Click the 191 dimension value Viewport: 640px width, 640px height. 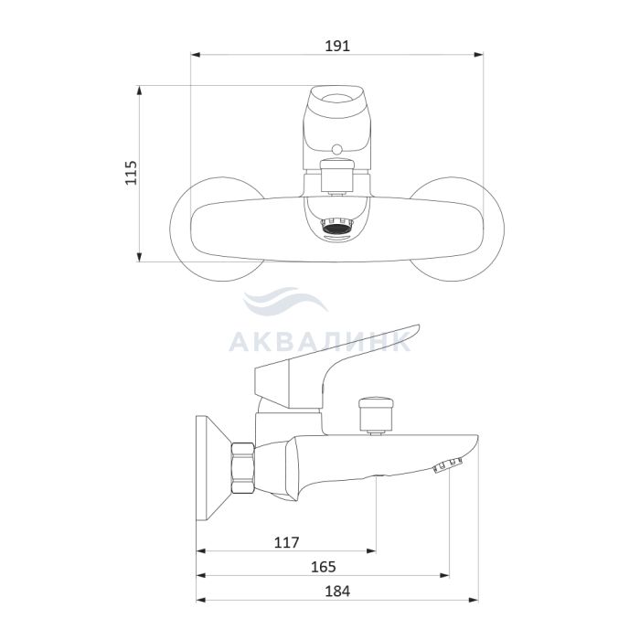tap(337, 46)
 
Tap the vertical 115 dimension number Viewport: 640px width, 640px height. tap(131, 173)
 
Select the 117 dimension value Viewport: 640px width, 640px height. tap(286, 542)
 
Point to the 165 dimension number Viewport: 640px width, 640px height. tap(324, 567)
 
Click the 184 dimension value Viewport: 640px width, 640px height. tap(337, 591)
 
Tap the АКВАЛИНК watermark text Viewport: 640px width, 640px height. tap(320, 342)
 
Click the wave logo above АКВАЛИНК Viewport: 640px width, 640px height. tap(285, 300)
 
